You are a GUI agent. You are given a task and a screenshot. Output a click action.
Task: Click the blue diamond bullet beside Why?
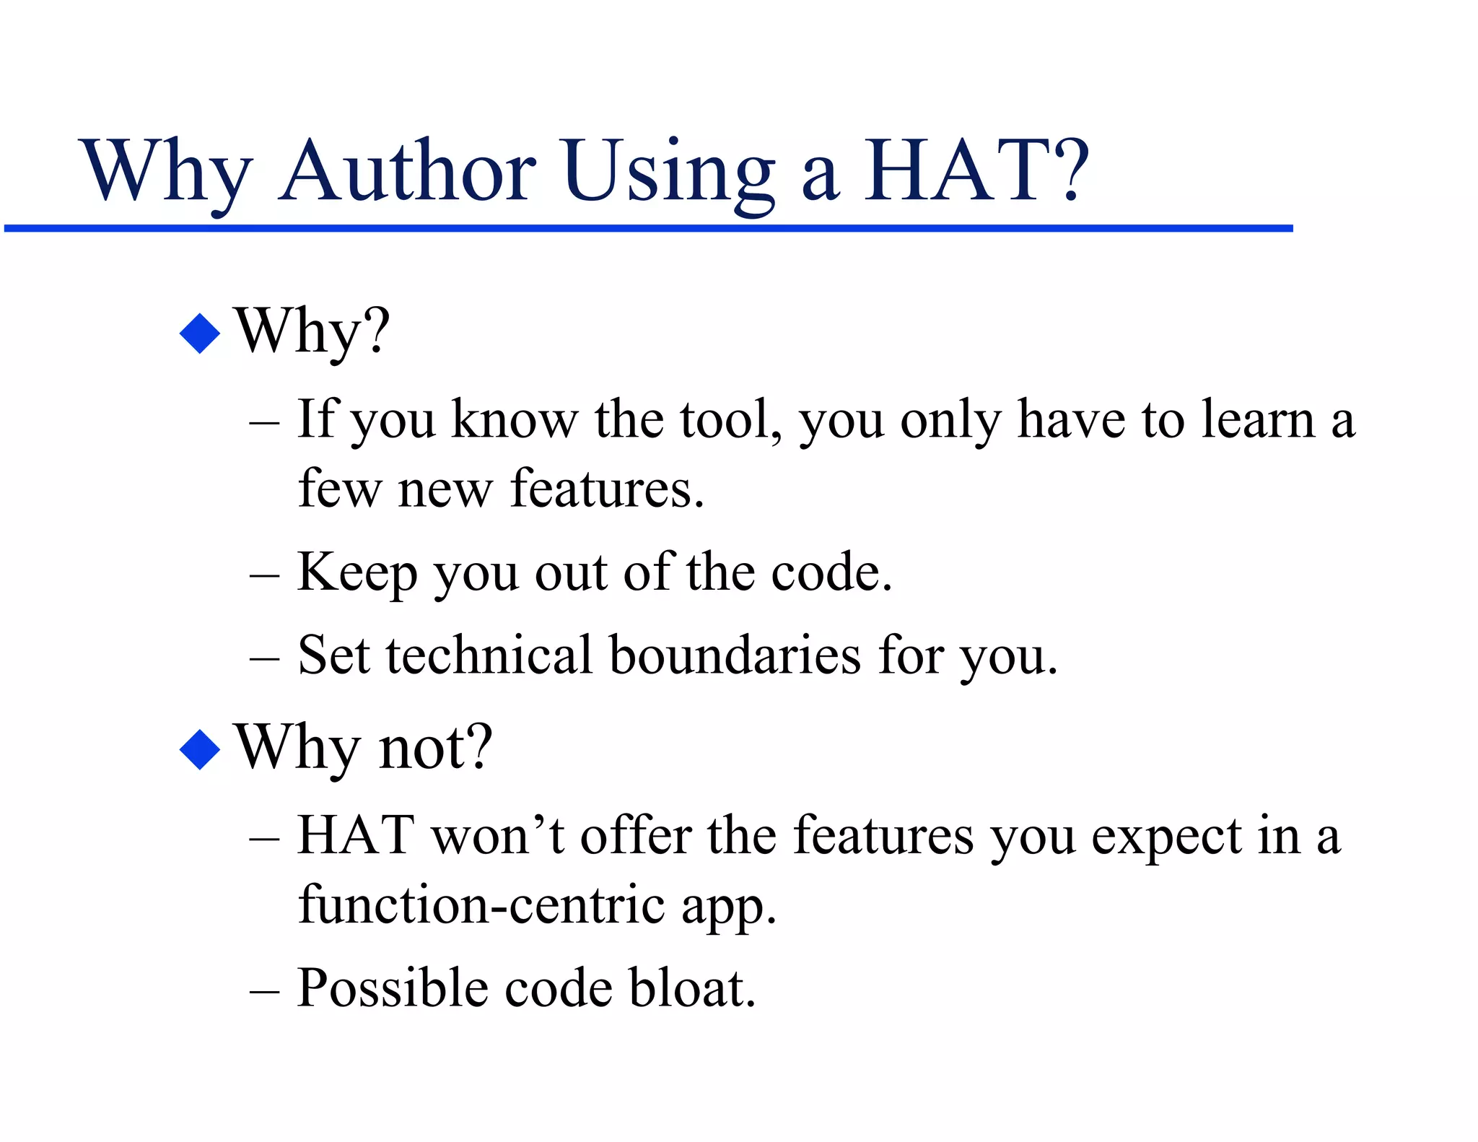click(x=199, y=333)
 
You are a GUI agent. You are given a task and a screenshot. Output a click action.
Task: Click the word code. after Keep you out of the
click(x=831, y=572)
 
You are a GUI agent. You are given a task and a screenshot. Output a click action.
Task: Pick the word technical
click(x=489, y=655)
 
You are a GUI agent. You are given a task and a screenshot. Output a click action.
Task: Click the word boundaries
click(x=735, y=655)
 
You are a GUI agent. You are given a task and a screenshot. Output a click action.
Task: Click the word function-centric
click(x=481, y=905)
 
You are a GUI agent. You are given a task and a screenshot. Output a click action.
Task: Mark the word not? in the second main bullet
click(x=435, y=748)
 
